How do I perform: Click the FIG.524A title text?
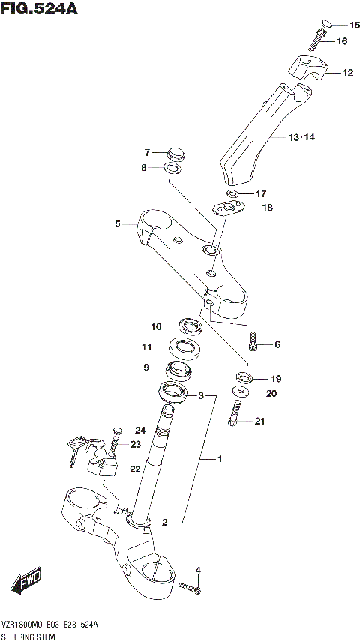(x=39, y=10)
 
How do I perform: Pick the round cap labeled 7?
(x=177, y=154)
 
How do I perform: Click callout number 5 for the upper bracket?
(x=118, y=223)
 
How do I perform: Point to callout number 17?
(x=260, y=193)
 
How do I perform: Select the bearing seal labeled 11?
(x=181, y=347)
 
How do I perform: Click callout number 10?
(x=156, y=326)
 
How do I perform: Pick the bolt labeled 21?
(x=235, y=413)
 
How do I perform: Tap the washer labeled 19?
(x=244, y=376)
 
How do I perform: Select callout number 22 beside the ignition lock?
(x=134, y=469)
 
